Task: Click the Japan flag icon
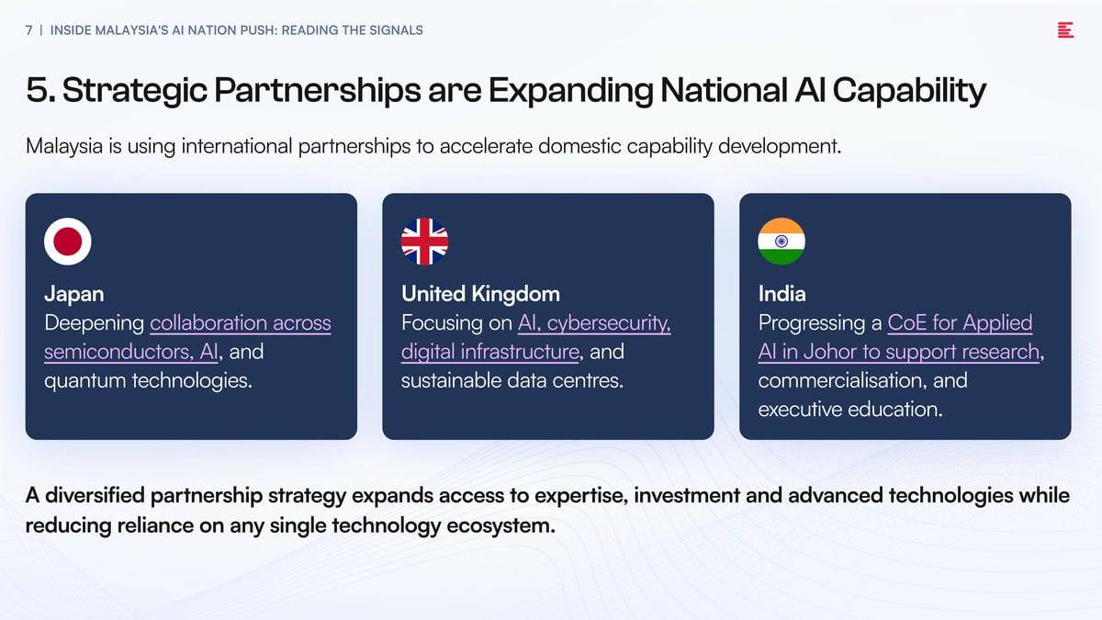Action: click(67, 242)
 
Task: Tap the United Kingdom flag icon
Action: click(424, 242)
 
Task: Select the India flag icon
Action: click(782, 242)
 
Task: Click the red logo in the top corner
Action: click(1065, 30)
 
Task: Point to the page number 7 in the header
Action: click(29, 30)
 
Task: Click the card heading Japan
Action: click(74, 294)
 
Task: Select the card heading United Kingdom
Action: click(480, 294)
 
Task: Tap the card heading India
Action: click(782, 294)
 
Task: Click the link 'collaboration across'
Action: click(241, 322)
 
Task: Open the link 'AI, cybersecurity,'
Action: click(594, 323)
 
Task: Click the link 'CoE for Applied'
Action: click(960, 323)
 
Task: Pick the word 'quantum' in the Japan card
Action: click(85, 381)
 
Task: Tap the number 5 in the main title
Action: click(37, 90)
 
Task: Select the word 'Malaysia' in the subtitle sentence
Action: click(64, 147)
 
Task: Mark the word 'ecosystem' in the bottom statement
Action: click(500, 526)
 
